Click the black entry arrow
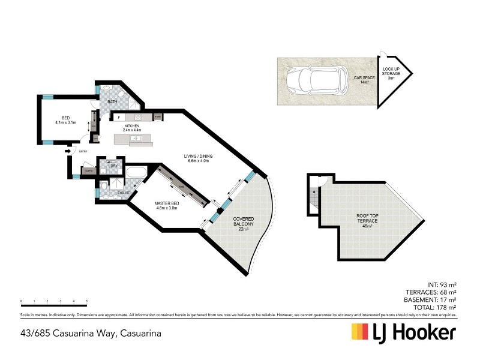click(68, 151)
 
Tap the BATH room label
click(112, 102)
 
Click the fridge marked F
click(119, 116)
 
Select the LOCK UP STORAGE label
click(392, 74)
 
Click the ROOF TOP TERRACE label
click(367, 220)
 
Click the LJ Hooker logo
click(403, 332)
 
